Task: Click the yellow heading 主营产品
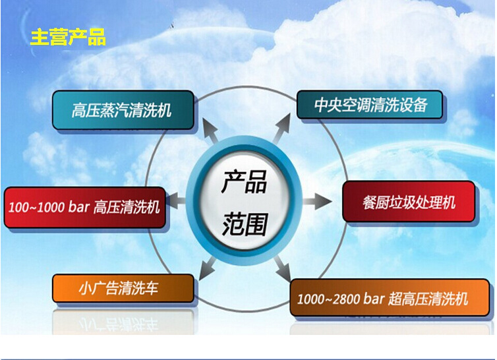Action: [68, 37]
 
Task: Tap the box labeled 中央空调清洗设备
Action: [370, 105]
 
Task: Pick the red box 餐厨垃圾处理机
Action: [409, 202]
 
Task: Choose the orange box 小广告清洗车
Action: [123, 288]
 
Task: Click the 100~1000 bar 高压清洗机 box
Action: [84, 207]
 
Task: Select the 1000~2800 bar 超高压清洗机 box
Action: [390, 299]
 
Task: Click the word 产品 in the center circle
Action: [243, 181]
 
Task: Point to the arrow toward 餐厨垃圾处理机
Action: [318, 201]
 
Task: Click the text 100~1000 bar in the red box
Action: [49, 207]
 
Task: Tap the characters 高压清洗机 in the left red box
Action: [127, 207]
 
